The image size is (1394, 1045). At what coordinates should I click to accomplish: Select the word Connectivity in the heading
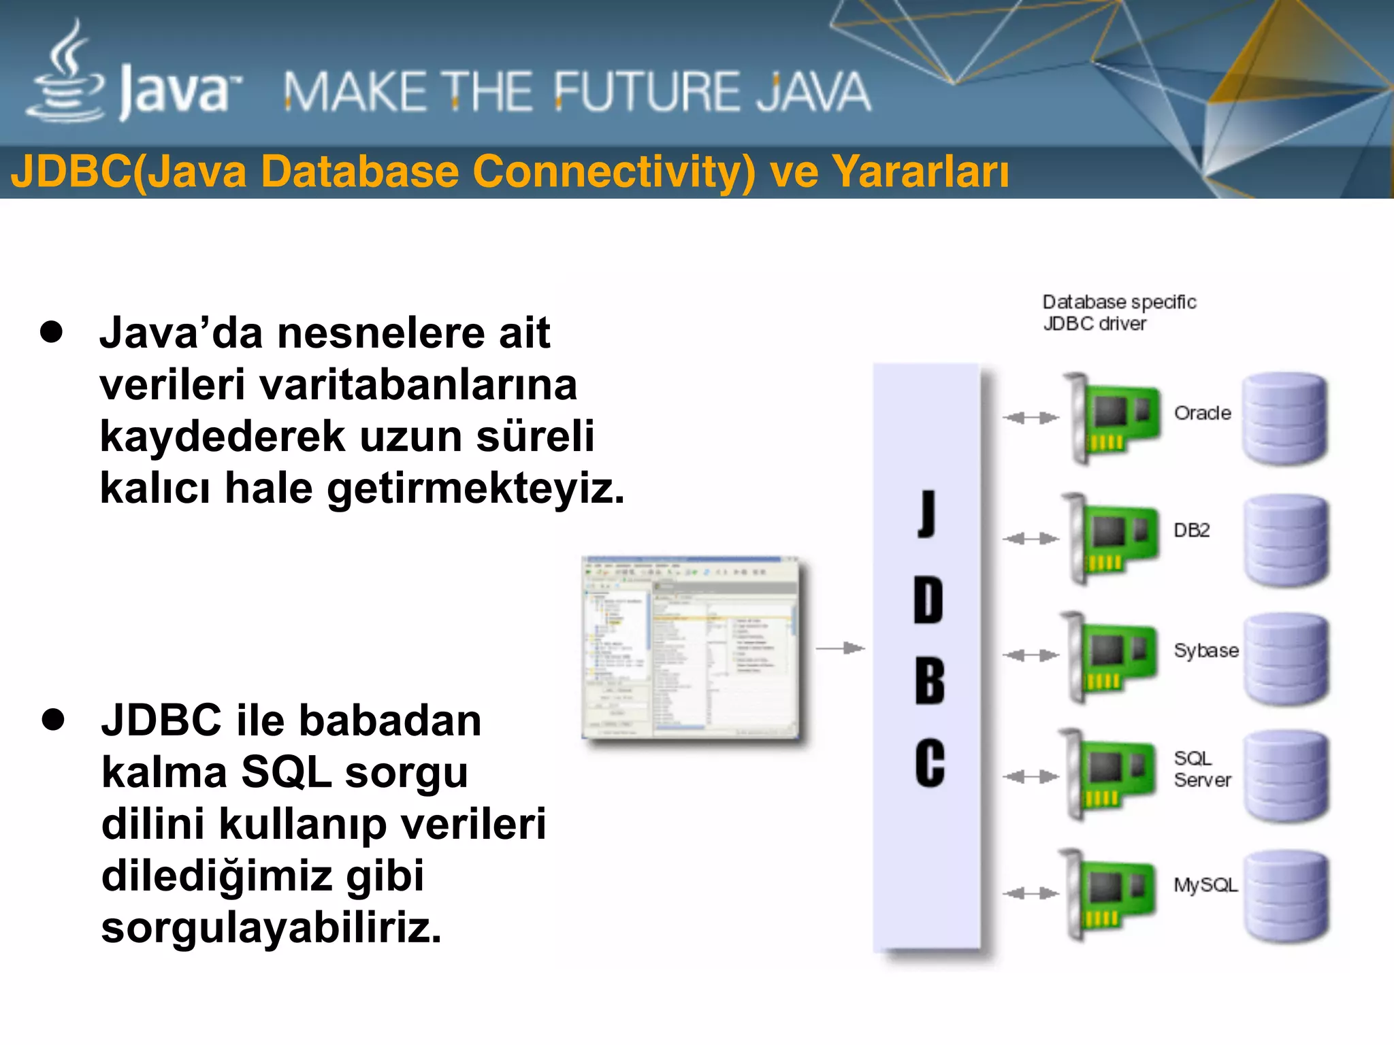point(613,171)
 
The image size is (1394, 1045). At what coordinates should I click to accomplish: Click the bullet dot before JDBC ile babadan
point(52,719)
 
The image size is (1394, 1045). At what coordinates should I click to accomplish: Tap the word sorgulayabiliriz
point(271,927)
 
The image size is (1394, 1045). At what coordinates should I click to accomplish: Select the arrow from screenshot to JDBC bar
point(840,648)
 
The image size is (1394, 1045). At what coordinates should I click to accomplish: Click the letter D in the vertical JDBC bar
point(928,600)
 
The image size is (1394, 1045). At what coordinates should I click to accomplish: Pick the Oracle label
point(1202,413)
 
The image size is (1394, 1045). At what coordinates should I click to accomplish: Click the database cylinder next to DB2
point(1286,540)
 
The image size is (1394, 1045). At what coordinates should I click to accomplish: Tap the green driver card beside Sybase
point(1112,657)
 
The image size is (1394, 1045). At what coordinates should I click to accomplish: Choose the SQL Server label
point(1202,769)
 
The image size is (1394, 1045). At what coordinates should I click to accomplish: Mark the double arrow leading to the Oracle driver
point(1031,418)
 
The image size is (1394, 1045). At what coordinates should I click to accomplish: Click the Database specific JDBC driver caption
point(1118,312)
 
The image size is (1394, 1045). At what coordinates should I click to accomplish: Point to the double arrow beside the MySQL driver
point(1031,893)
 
